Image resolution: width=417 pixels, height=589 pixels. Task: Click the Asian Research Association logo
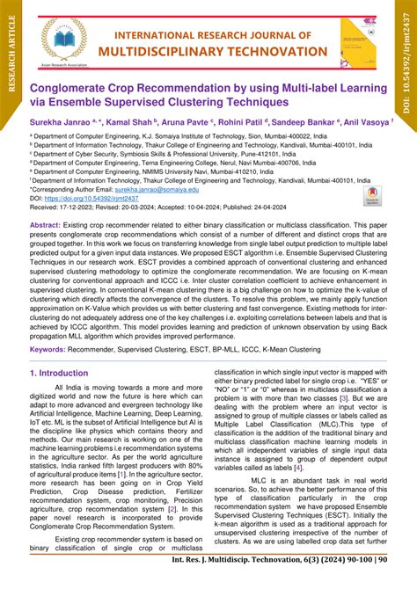point(63,40)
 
